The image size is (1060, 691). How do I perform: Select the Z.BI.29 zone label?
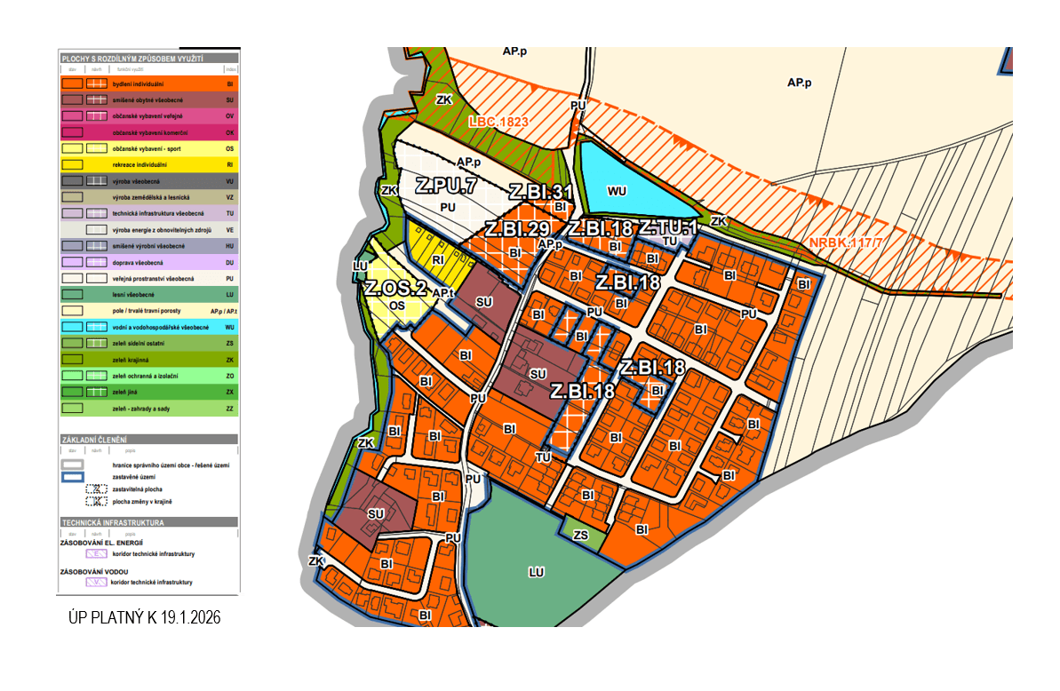click(x=516, y=229)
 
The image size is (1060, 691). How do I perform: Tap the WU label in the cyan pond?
click(x=617, y=191)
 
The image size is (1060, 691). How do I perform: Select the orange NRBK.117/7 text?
click(x=848, y=242)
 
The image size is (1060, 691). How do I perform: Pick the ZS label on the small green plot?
click(x=581, y=536)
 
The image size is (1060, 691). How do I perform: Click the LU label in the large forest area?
click(x=536, y=573)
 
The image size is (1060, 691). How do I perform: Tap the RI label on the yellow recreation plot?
click(x=438, y=260)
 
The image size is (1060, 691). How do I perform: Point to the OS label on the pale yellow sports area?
click(x=397, y=305)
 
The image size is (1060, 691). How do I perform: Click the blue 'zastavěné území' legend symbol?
click(x=73, y=477)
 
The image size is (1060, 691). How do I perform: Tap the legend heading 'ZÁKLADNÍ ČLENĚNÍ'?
click(x=93, y=440)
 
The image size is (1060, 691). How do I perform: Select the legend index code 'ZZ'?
click(x=229, y=409)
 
